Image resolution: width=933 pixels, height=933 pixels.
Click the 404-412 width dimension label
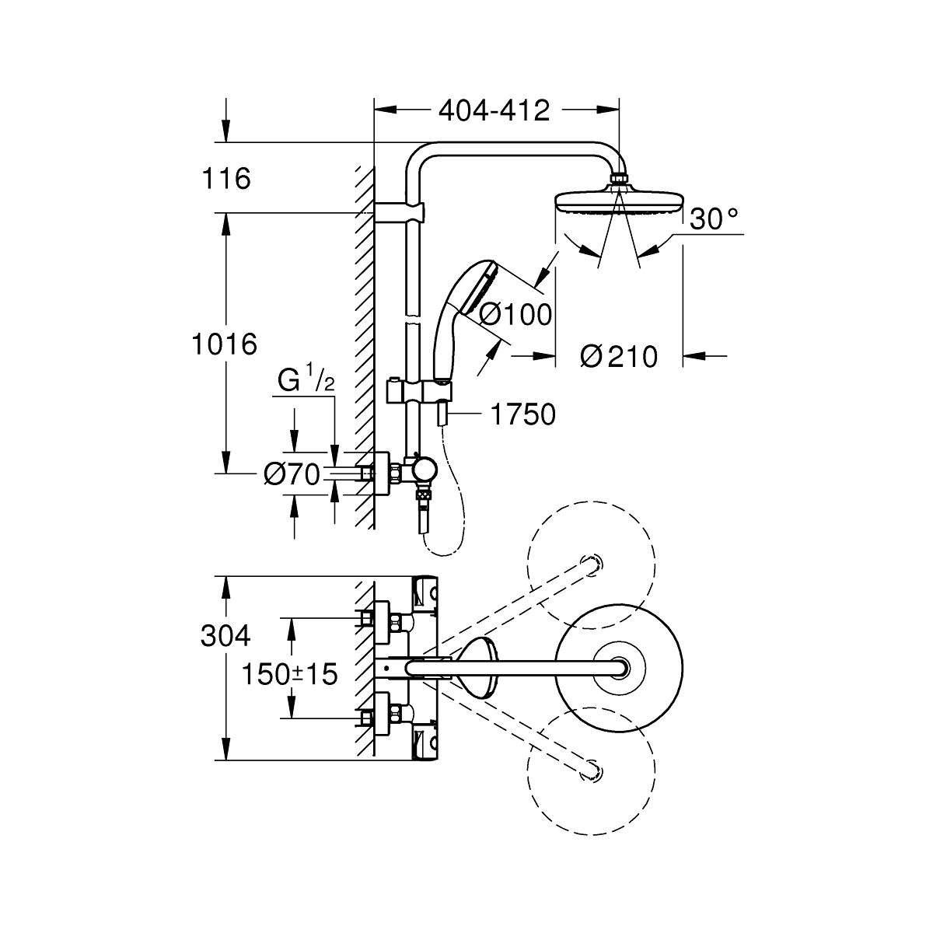coord(494,111)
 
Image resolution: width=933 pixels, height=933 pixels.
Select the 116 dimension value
coord(226,178)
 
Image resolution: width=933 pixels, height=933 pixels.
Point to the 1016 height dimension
coord(224,344)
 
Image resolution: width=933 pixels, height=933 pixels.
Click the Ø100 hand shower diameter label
coord(515,315)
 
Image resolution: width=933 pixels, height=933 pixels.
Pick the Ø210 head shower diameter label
coord(619,357)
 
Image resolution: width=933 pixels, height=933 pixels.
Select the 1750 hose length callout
coord(523,414)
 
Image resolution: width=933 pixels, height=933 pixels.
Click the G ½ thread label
coord(306,380)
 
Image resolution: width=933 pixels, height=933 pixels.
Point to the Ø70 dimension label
coord(292,474)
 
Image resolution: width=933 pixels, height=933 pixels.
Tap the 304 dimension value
coord(225,636)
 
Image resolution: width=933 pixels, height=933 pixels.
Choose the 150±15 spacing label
coord(289,674)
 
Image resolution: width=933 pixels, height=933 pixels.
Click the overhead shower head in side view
coord(619,205)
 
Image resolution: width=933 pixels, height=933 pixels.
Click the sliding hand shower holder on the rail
coord(419,390)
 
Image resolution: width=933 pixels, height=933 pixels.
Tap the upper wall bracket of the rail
coord(400,212)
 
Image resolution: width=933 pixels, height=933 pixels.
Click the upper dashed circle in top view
coord(591,564)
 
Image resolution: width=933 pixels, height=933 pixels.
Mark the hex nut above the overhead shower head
coord(619,179)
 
